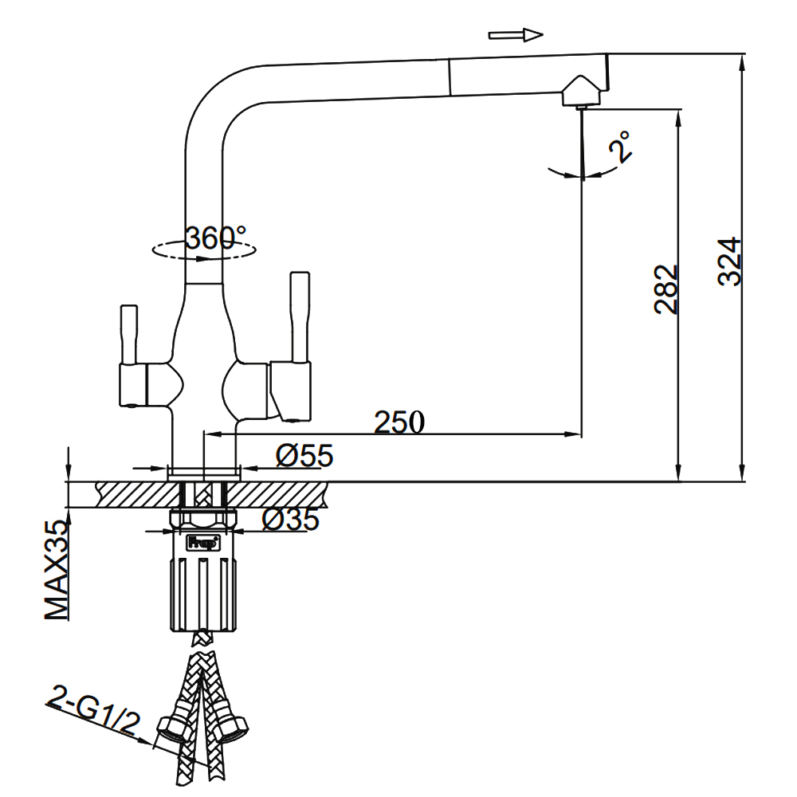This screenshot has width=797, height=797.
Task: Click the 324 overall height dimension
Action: [728, 261]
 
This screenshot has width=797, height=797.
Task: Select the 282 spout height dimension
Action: [666, 289]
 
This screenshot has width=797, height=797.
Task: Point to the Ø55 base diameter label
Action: [304, 456]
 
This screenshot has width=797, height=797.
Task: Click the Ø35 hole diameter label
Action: [290, 519]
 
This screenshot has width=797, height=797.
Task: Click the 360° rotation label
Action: [214, 237]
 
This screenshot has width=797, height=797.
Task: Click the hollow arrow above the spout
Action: [516, 34]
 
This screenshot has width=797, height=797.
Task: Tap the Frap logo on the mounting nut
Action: [199, 544]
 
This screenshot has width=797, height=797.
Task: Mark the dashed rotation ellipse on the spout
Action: [204, 249]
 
